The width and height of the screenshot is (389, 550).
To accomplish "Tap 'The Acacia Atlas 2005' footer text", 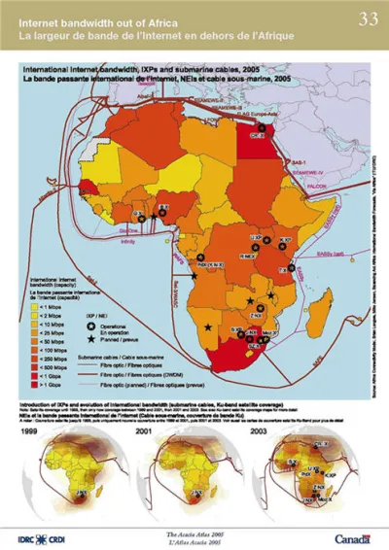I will [x=194, y=533].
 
